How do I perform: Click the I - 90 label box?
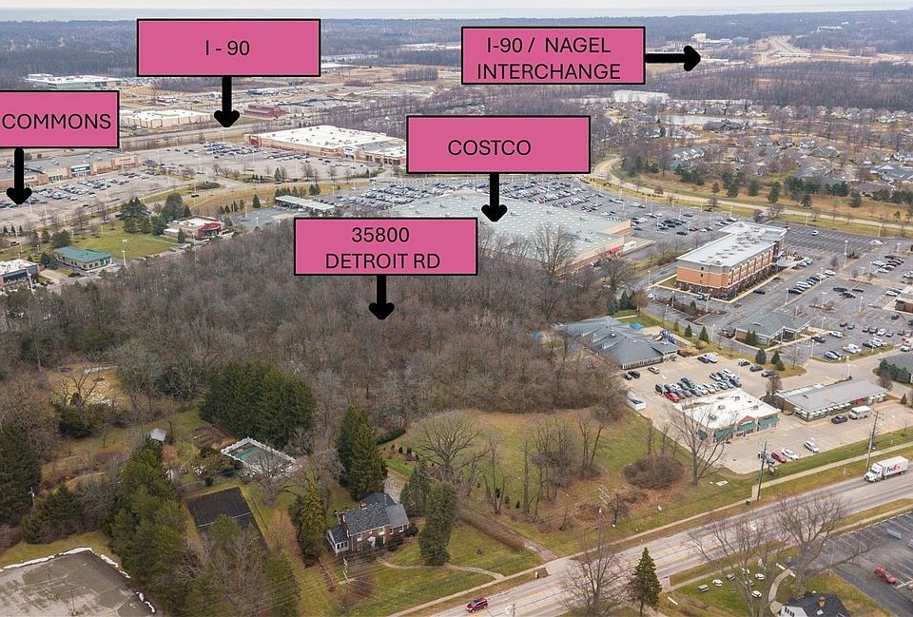(228, 48)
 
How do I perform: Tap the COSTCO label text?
(489, 147)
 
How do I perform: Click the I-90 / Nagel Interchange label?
(553, 55)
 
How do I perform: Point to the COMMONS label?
(57, 120)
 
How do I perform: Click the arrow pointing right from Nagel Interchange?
(672, 58)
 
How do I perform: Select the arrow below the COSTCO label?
(494, 198)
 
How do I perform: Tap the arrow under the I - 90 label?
(226, 102)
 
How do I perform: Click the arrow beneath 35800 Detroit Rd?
(381, 297)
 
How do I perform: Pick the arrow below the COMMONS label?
(19, 177)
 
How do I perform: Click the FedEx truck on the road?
(885, 469)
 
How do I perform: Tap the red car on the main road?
(476, 605)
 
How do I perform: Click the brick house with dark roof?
(368, 523)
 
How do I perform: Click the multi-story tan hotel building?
(731, 260)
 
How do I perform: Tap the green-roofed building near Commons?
(84, 259)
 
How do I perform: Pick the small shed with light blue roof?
(158, 434)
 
